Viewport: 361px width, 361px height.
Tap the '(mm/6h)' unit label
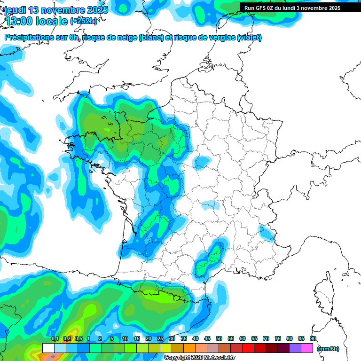click(x=328, y=349)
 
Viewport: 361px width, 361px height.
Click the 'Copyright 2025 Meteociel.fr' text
click(x=200, y=358)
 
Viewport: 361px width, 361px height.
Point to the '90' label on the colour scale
click(x=313, y=338)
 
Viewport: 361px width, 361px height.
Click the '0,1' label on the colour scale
click(x=55, y=338)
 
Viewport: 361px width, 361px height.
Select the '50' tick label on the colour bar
click(x=219, y=338)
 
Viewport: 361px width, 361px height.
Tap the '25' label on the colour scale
click(x=160, y=338)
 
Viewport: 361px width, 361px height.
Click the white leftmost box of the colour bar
click(x=48, y=348)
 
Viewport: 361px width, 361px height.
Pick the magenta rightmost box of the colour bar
click(x=307, y=348)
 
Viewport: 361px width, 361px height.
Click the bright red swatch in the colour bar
click(x=248, y=348)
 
